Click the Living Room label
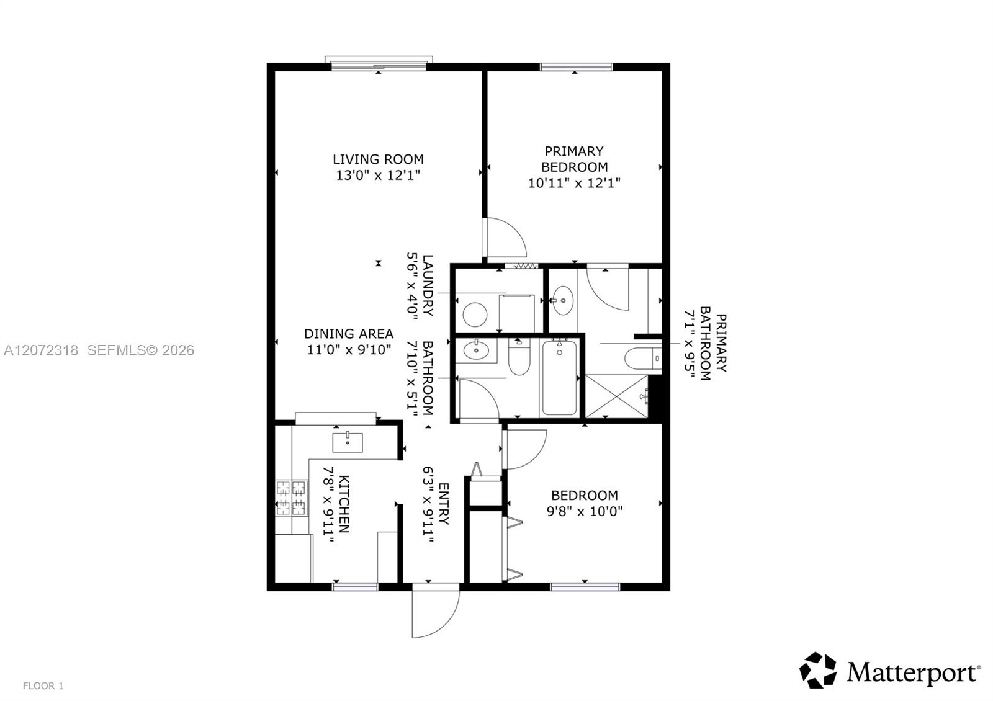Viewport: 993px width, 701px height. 378,159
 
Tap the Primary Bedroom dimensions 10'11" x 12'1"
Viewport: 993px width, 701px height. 574,183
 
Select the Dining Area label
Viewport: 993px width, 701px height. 349,334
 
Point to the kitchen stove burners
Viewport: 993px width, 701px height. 292,498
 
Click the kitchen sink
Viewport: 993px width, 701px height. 348,442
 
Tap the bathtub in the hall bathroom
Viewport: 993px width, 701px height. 559,378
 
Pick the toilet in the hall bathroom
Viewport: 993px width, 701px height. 519,357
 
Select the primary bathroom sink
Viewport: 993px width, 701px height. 562,300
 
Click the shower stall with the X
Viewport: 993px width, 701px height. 617,396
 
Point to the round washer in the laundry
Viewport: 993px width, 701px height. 475,314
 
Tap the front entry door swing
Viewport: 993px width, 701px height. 435,614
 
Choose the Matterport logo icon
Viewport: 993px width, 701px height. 818,670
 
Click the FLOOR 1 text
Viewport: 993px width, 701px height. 43,686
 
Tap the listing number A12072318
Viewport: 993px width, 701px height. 41,351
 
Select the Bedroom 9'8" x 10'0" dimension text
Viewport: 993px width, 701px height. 585,511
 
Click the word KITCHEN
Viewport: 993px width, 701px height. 344,504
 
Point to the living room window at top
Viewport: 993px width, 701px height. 379,63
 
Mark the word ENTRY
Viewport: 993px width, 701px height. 444,504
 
